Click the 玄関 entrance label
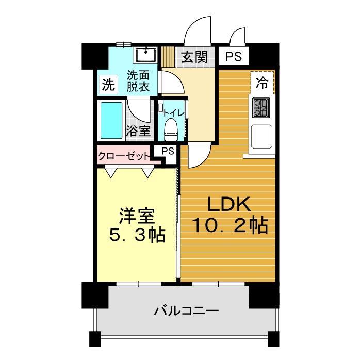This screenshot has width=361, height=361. point(194,56)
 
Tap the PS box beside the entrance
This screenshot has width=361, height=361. point(233,56)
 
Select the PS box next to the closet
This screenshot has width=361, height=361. point(167,151)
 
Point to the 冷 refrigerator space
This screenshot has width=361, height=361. point(262,82)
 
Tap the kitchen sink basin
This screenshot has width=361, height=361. point(262,137)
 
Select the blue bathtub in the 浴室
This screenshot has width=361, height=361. point(110,121)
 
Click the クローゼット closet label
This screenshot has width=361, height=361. point(124,155)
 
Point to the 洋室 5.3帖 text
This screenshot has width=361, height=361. point(137,225)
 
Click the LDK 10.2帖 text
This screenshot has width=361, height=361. point(229,215)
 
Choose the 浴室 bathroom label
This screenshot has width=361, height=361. point(138,130)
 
